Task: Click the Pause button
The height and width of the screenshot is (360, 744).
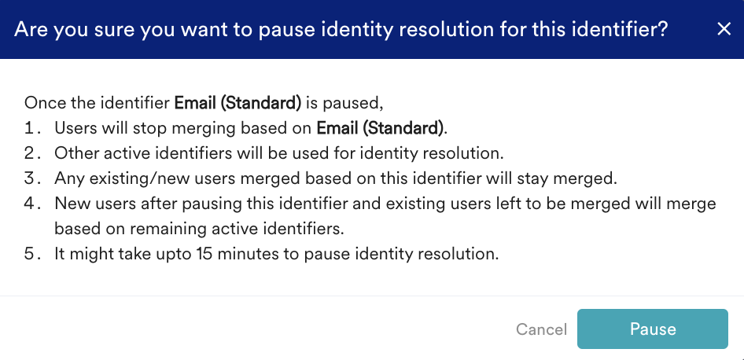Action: point(653,329)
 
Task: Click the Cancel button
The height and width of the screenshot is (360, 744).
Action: point(541,329)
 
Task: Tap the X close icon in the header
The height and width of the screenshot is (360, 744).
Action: point(724,29)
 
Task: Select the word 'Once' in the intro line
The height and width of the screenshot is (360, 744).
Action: point(41,103)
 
